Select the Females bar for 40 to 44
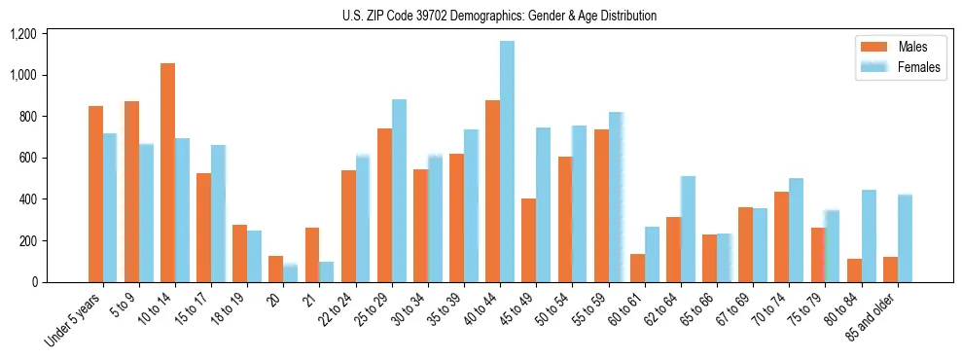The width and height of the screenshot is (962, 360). [x=507, y=162]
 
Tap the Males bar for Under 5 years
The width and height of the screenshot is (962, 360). [x=96, y=194]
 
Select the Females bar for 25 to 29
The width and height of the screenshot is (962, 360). [x=399, y=191]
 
